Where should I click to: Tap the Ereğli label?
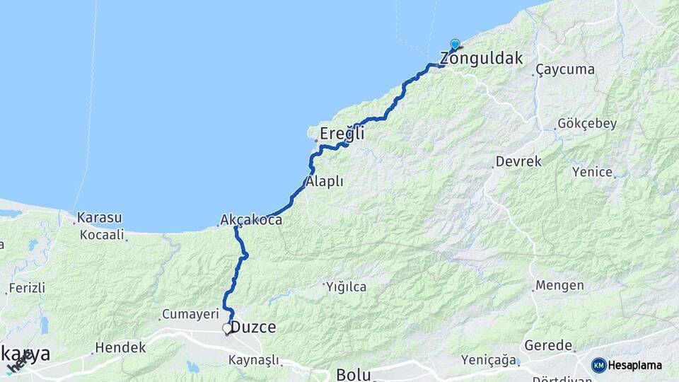click(342, 133)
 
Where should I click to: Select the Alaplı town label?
click(325, 182)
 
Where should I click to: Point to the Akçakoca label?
click(251, 220)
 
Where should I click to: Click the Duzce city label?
click(254, 328)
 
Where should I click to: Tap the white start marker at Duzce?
click(227, 328)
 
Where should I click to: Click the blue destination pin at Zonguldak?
click(455, 44)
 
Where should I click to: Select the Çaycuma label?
click(565, 70)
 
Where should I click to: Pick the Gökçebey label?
click(587, 124)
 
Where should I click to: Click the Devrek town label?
click(518, 162)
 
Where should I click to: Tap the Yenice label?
click(591, 171)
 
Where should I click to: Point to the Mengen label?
click(559, 286)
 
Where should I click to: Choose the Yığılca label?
click(346, 286)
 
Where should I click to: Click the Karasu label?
click(100, 217)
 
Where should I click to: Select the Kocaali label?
click(102, 235)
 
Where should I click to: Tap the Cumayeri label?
click(187, 313)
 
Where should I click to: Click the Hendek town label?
click(120, 347)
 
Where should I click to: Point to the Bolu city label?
click(354, 374)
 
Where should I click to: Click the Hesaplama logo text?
click(635, 366)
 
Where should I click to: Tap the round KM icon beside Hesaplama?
click(599, 365)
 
